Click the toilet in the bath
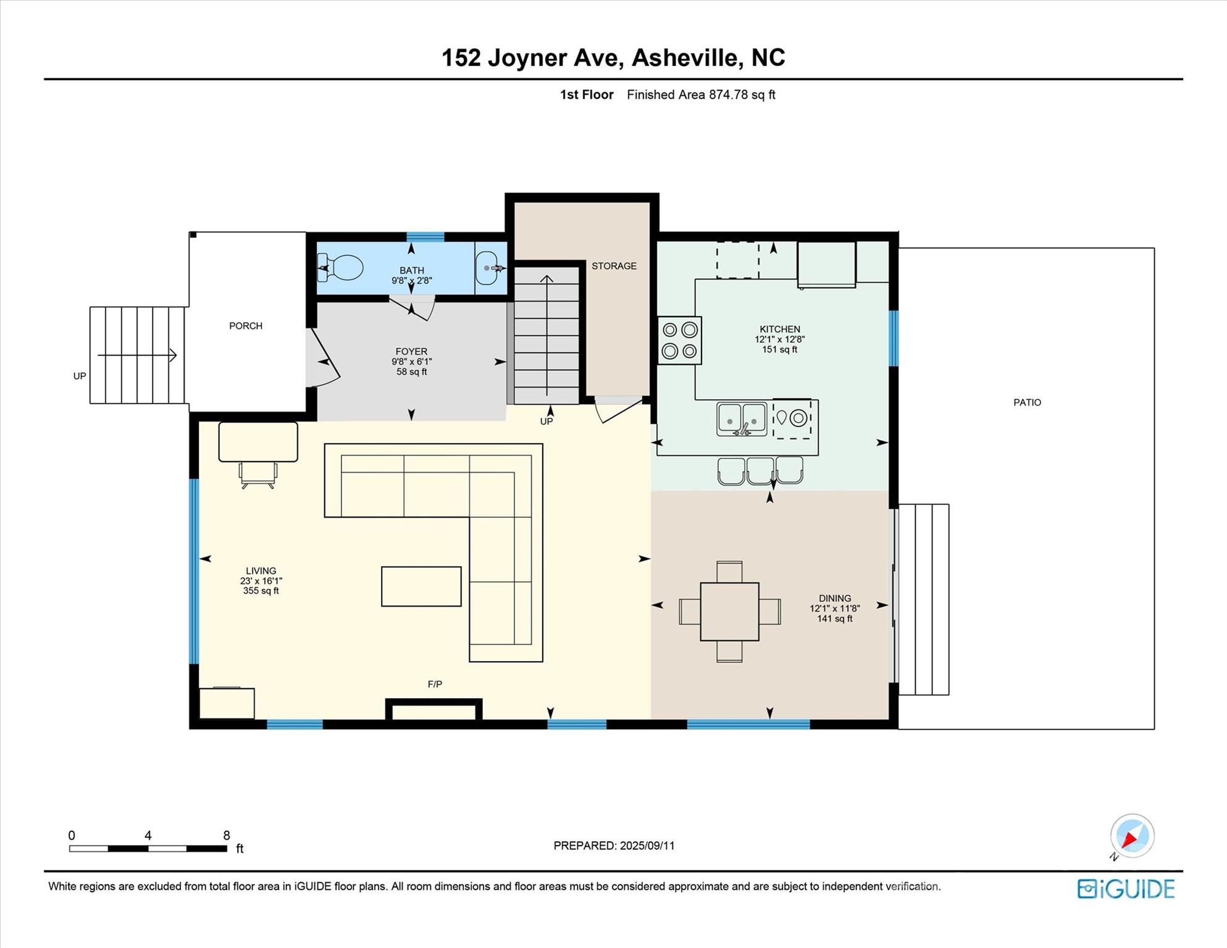(x=341, y=268)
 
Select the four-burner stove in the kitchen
(x=679, y=340)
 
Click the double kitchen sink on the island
(x=742, y=419)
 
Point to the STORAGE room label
(x=614, y=266)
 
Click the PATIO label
(x=1027, y=402)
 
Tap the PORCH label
(x=246, y=326)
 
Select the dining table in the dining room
(x=729, y=611)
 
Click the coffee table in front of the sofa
(x=421, y=586)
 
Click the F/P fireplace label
(x=435, y=684)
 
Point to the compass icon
(x=1132, y=836)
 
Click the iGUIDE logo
(x=1126, y=889)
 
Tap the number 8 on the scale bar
(x=227, y=835)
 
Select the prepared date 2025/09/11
(x=647, y=846)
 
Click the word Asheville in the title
(x=685, y=57)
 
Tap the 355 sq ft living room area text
(x=261, y=591)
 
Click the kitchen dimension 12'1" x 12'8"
(x=779, y=339)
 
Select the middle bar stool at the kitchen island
(x=760, y=470)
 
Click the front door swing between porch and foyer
(x=324, y=360)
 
